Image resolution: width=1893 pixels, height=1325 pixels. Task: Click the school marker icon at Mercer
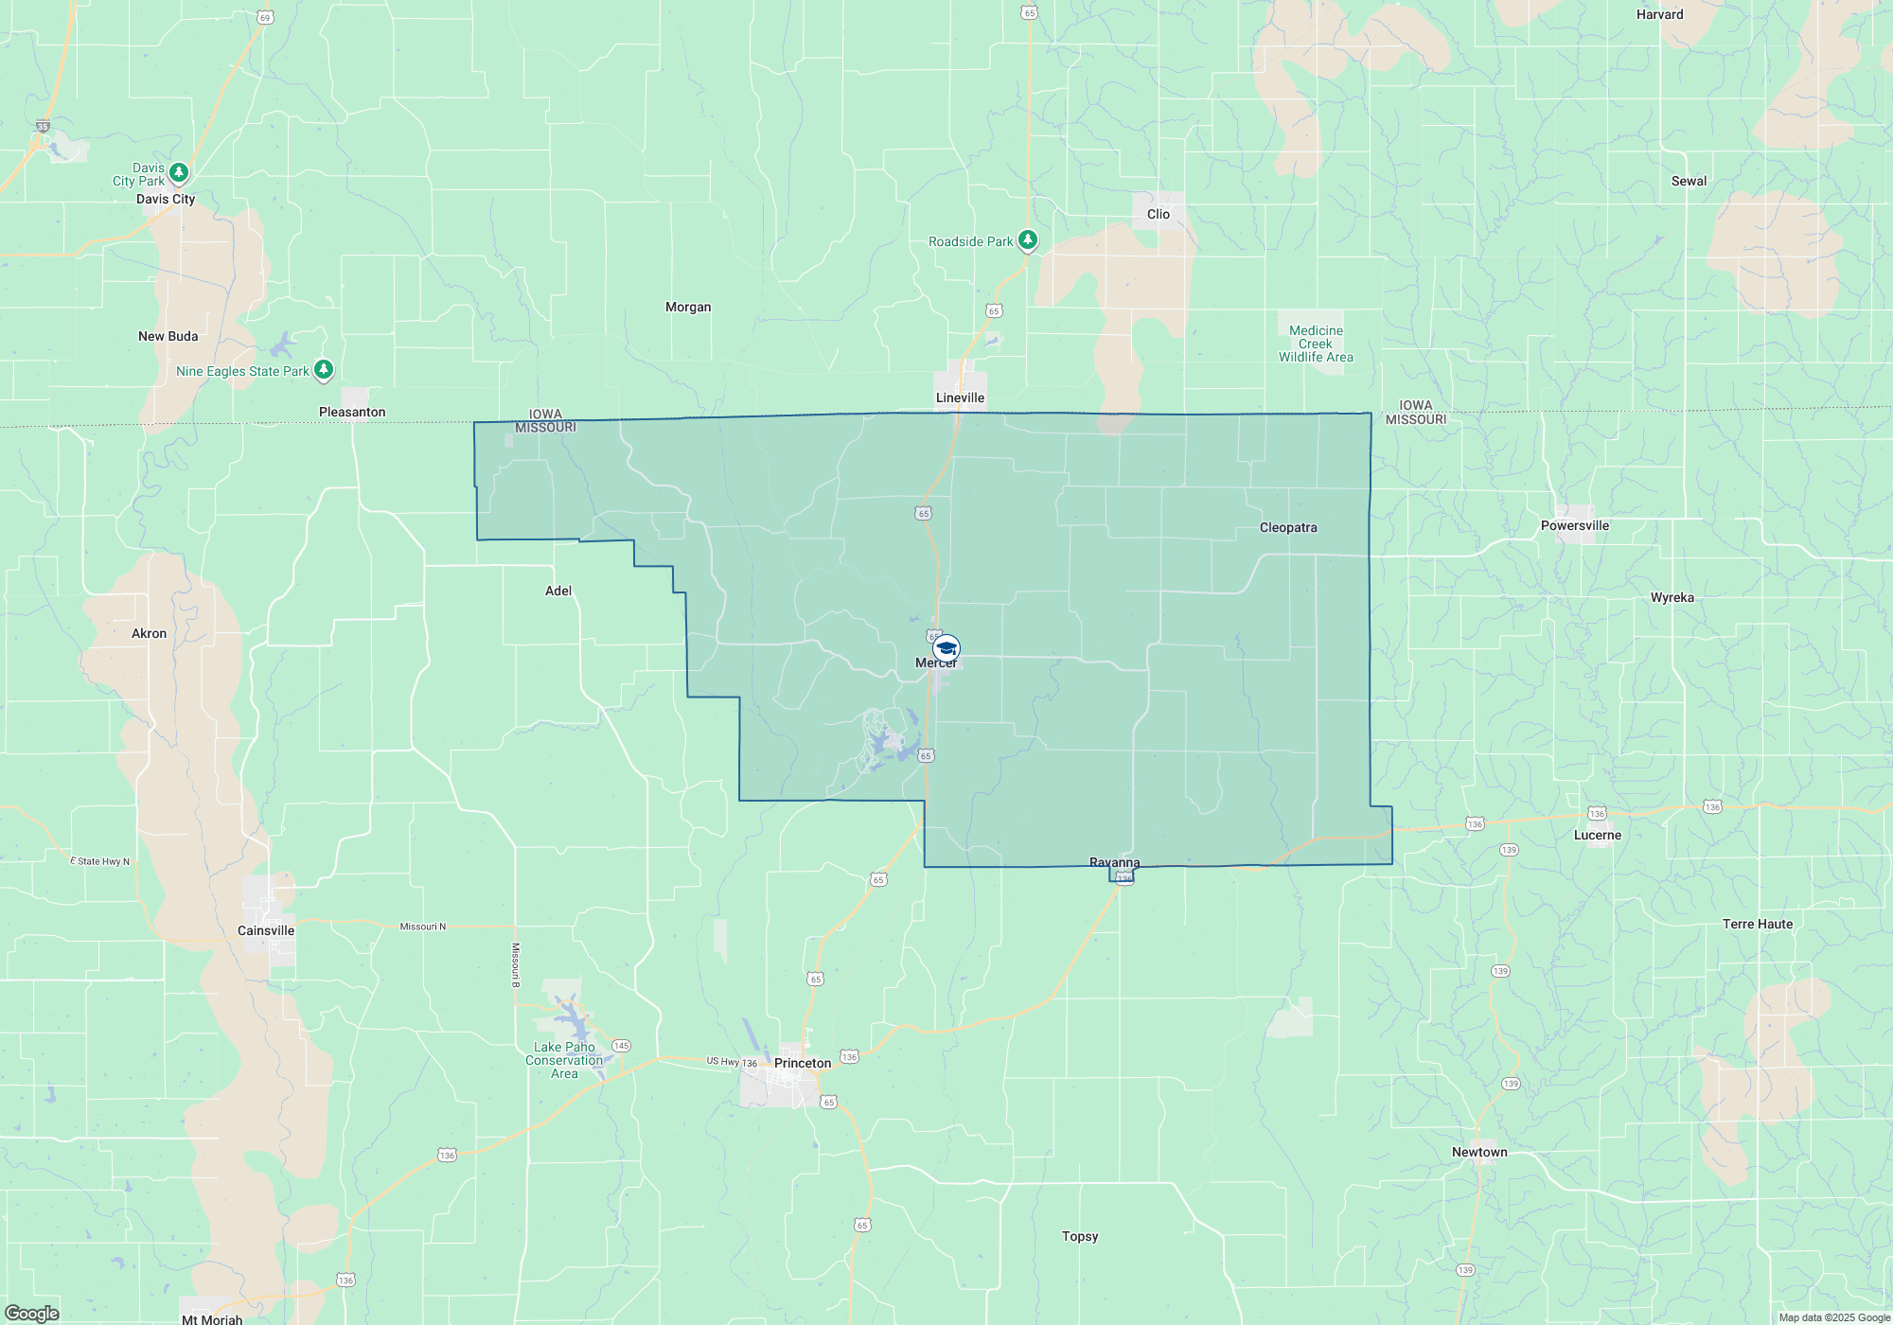[946, 648]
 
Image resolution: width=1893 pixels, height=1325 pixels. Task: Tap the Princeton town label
[803, 1063]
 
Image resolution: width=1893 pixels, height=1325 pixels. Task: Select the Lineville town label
[960, 397]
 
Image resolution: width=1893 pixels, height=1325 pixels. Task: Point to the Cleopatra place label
[1287, 527]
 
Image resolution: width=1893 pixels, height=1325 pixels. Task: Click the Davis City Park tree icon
[179, 173]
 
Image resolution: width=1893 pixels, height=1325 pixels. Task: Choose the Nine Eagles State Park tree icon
[324, 369]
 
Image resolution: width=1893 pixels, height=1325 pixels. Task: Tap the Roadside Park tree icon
[1028, 240]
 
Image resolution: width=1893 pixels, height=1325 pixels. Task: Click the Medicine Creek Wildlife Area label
[1316, 344]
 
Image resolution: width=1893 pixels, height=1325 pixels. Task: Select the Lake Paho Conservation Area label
[564, 1060]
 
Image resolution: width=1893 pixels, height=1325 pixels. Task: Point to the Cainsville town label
[266, 930]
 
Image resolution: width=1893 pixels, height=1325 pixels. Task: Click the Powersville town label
[1574, 525]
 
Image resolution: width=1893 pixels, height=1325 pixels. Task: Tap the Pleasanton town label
[352, 412]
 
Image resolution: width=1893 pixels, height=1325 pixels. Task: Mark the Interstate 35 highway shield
[43, 126]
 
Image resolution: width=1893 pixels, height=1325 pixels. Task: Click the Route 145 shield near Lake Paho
[621, 1046]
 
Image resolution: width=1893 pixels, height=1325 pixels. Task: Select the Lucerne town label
[1597, 835]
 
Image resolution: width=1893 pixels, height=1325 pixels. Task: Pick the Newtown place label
[1479, 1152]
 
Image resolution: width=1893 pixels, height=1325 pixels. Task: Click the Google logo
[32, 1314]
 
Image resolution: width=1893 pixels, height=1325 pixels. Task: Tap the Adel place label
[558, 591]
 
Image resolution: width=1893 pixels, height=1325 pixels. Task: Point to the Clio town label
[1159, 214]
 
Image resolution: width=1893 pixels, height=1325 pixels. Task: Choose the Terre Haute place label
[1757, 924]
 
